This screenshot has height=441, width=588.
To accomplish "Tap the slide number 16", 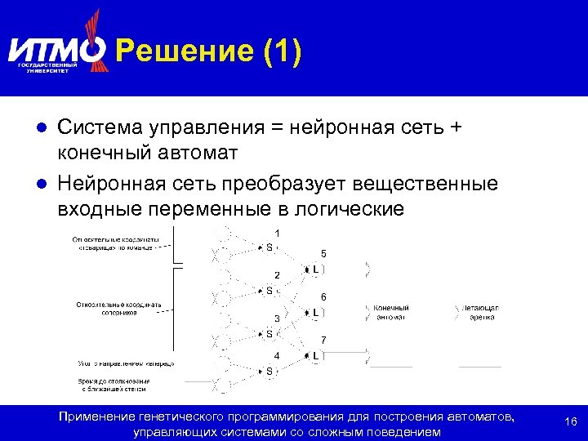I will point(571,421).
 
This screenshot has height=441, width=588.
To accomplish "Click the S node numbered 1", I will point(269,247).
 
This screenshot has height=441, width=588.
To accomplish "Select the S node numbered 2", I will point(269,290).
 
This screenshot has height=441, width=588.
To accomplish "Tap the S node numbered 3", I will point(269,333).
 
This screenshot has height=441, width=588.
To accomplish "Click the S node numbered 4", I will point(269,371).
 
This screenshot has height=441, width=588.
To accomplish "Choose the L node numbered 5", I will point(315,269).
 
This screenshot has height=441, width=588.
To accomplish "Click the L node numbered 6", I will point(315,312).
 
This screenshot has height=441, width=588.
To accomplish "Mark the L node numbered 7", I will point(315,355).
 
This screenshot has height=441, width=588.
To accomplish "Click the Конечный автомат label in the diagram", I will point(391,312).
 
